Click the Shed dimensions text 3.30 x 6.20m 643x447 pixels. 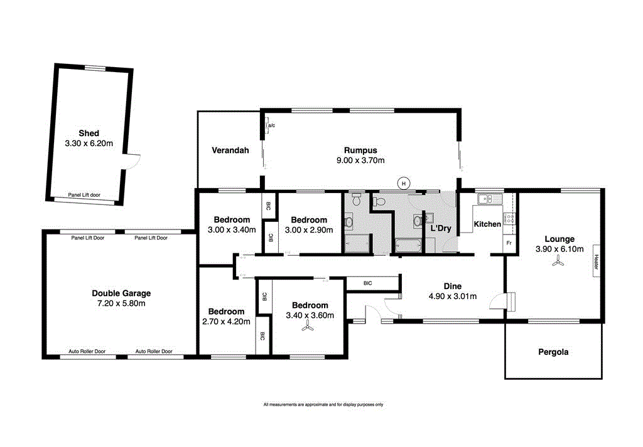coord(89,144)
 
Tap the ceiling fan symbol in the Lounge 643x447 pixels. coord(556,264)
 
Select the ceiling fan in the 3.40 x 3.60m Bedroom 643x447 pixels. coord(308,329)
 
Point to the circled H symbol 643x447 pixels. coord(404,183)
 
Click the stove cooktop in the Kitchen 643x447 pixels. coord(510,219)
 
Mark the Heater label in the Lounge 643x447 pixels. coord(597,261)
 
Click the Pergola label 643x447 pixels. coord(553,352)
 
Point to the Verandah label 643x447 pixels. coord(230,150)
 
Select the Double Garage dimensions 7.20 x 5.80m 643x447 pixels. coord(121,303)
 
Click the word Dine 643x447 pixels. coord(452,286)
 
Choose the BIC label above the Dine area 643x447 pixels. coord(367,283)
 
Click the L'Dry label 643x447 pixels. coord(440,228)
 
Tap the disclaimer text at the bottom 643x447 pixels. coord(323,404)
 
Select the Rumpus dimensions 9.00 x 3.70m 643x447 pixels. coord(360,160)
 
